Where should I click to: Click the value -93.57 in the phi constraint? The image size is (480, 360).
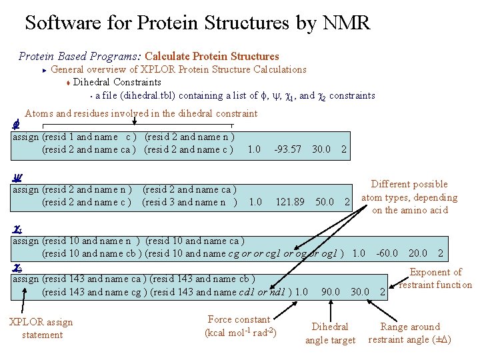coord(287,149)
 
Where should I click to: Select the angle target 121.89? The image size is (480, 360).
coord(290,202)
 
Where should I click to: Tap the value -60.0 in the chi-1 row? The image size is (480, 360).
coord(387,253)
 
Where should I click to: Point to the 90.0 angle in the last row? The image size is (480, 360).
coord(330,291)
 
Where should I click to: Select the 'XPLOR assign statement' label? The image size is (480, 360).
coord(41,328)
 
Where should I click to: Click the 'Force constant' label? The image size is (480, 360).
coord(240,326)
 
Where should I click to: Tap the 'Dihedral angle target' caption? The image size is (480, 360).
coord(330,333)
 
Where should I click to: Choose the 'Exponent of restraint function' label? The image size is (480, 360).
coord(435,278)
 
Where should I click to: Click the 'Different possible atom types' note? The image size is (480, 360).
coord(409,197)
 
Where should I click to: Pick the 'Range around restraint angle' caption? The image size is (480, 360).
coord(409,333)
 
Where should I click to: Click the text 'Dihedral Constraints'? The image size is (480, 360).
coord(117,82)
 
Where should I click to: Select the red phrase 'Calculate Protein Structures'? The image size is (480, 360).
coord(212,56)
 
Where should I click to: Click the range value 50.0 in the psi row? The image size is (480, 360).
coord(325,202)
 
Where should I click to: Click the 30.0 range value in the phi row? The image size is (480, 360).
coord(321,149)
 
